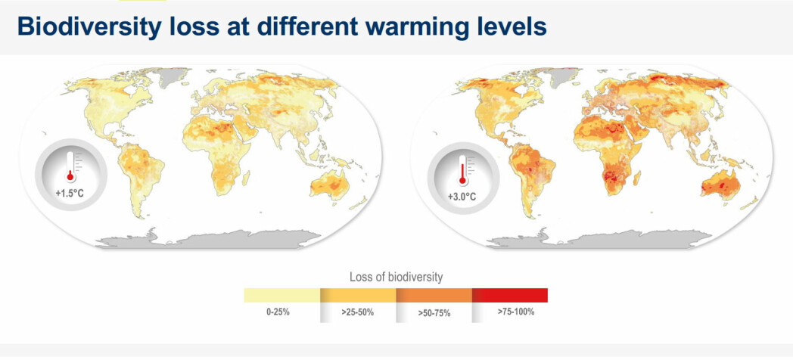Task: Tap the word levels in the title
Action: tap(509, 26)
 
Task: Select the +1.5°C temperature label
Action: tap(70, 193)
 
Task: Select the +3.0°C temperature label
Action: tap(462, 197)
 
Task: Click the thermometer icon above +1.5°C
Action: tap(70, 166)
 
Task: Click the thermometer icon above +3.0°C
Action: tap(462, 169)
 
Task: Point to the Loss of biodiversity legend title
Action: tap(396, 277)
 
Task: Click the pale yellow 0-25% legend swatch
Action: tap(281, 295)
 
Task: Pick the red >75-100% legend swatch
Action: tap(510, 295)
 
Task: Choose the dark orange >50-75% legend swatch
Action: tap(434, 295)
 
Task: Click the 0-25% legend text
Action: tap(278, 312)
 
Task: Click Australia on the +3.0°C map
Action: tap(720, 185)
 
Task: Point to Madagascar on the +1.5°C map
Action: tap(246, 178)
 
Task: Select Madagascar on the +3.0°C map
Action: tap(636, 178)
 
